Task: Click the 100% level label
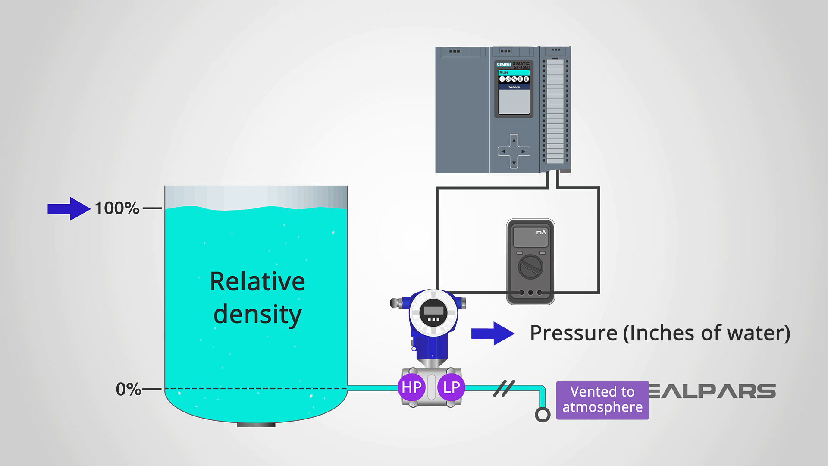coord(117,208)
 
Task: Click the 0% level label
coord(128,389)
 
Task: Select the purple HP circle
coord(411,387)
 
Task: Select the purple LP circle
coord(451,387)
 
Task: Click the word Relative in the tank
coord(257,282)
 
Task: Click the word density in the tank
coord(257,315)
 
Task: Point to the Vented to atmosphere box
coord(602,400)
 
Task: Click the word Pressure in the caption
coord(573,333)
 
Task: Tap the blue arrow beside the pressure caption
coord(492,334)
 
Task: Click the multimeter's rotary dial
coord(530,267)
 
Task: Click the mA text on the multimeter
coord(541,232)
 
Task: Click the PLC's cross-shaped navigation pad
coord(514,151)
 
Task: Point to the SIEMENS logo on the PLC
coord(503,65)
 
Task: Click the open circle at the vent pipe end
coord(542,415)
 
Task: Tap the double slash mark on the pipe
coord(504,388)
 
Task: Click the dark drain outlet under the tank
coord(256,425)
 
